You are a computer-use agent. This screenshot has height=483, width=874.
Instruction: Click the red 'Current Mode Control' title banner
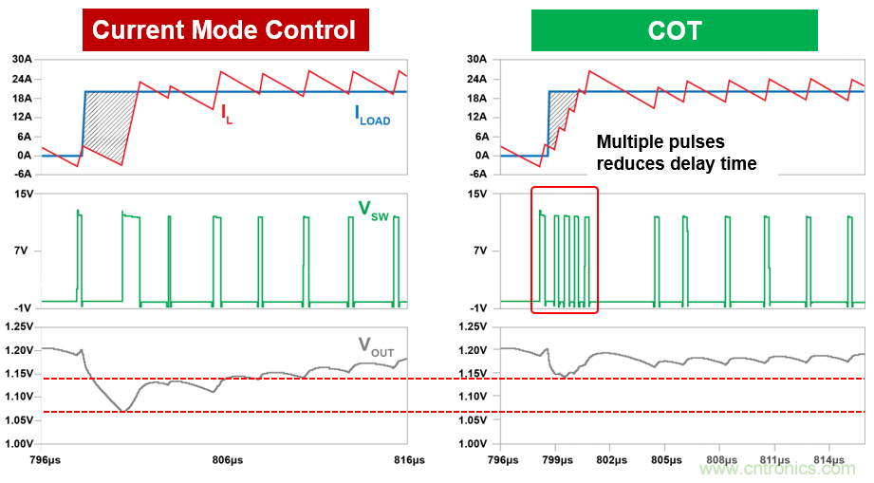(x=224, y=29)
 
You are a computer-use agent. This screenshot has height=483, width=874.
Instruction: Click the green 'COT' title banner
(x=674, y=29)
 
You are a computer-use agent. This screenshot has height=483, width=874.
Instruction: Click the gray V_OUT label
(x=376, y=348)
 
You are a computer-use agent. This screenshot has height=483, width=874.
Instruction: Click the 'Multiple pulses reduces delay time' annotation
(x=676, y=153)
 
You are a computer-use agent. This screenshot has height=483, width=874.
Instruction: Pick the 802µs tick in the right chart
(x=611, y=460)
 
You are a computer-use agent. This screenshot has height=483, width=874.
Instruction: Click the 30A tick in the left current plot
(x=22, y=60)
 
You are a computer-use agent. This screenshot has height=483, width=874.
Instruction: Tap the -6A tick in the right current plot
(x=480, y=175)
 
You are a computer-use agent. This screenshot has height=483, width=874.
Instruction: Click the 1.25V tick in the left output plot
(x=19, y=326)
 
